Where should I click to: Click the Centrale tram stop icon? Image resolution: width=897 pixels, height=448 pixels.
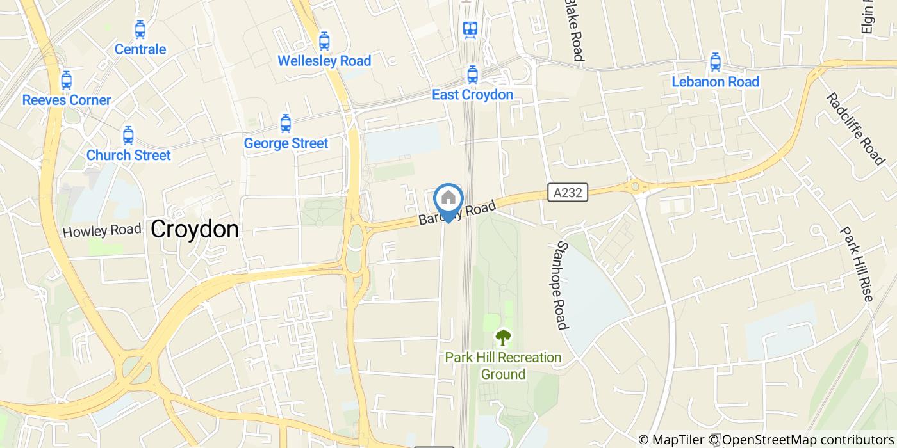(x=140, y=29)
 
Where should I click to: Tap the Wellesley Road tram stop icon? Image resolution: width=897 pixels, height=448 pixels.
(x=324, y=41)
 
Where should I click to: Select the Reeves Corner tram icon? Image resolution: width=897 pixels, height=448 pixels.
(x=66, y=81)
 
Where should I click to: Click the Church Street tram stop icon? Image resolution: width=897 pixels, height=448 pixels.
(x=128, y=136)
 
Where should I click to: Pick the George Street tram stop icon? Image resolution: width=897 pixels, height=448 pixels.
(x=286, y=124)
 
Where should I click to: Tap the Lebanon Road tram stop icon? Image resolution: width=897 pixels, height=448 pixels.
(x=715, y=63)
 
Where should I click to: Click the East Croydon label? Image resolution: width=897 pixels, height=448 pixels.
(x=472, y=95)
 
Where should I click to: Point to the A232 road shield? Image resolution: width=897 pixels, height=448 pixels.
(x=568, y=191)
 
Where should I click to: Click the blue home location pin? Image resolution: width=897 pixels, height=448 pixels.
(x=448, y=199)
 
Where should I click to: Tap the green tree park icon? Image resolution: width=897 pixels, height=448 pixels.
(x=504, y=337)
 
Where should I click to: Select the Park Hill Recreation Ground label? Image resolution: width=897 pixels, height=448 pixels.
(x=503, y=365)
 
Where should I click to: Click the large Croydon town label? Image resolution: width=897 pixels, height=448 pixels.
(x=195, y=229)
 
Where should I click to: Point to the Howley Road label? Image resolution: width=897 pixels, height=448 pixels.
(x=102, y=230)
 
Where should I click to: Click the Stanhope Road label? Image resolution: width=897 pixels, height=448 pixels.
(x=563, y=285)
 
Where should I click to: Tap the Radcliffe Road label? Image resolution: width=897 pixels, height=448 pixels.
(x=855, y=129)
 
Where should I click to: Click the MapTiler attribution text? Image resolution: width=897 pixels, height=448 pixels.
(x=679, y=440)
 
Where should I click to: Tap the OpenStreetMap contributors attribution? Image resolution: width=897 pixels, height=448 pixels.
(x=809, y=440)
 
